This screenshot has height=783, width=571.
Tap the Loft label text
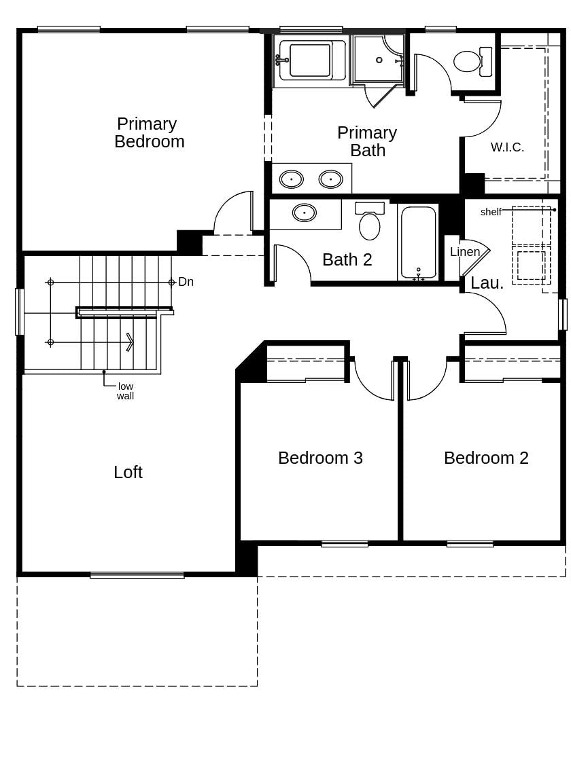point(128,472)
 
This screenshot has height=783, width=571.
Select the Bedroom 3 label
point(320,458)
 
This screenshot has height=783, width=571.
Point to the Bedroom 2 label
point(486,458)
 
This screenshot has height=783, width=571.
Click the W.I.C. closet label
point(507,147)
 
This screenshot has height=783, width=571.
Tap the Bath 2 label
point(347,259)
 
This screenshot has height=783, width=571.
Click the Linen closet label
point(465,252)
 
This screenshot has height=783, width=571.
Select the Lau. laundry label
point(487,283)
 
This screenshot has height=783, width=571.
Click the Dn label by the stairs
point(186,282)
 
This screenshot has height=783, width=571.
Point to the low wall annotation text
point(125,391)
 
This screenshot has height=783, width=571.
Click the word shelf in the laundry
point(491,212)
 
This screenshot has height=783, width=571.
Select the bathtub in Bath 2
point(418,241)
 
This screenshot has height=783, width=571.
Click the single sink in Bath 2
point(304,213)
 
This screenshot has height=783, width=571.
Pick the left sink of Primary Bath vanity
point(292,179)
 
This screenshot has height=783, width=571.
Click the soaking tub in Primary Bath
point(310,60)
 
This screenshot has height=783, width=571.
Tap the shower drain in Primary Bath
point(379,60)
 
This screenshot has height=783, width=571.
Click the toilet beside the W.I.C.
point(469,61)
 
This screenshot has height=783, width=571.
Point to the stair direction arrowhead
point(129,342)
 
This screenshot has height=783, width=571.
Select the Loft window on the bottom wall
point(137,575)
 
